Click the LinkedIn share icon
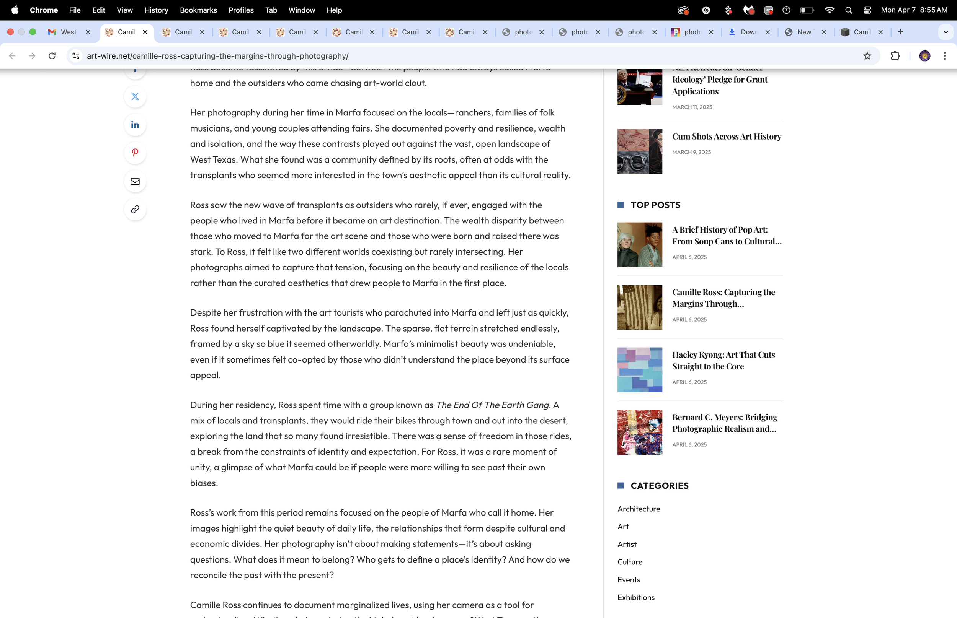[135, 125]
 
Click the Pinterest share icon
[135, 153]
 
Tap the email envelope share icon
[135, 181]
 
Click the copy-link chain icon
[135, 210]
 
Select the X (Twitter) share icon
[135, 96]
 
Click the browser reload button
[52, 56]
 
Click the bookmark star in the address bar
[867, 56]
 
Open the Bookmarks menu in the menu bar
[198, 10]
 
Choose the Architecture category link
[639, 509]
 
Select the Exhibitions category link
[636, 597]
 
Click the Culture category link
[630, 562]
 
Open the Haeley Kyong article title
[723, 360]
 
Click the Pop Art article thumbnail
[639, 245]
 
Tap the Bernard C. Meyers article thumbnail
[639, 432]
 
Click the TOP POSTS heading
[655, 205]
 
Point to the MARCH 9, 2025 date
[691, 152]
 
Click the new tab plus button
[900, 32]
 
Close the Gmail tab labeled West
[88, 32]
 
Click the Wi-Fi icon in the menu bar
[829, 10]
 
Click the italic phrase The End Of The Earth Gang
[492, 405]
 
